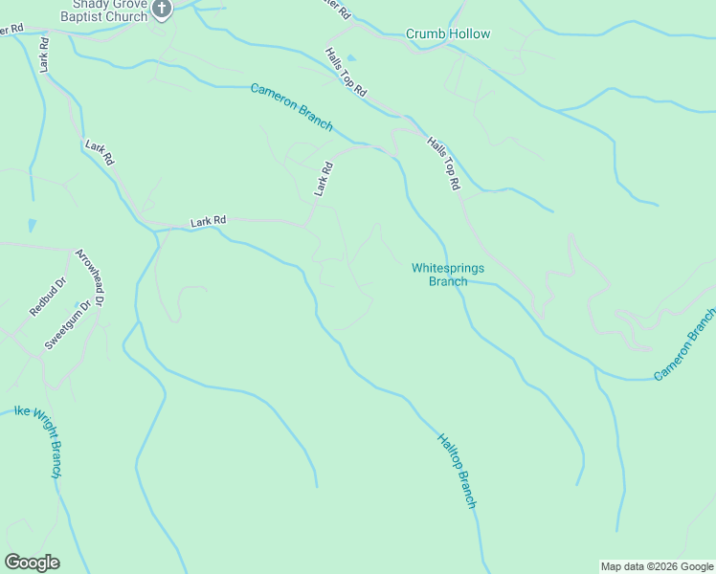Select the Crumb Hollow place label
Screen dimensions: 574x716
pyautogui.click(x=448, y=34)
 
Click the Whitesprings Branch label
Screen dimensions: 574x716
pyautogui.click(x=447, y=275)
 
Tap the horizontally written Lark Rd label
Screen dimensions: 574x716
pyautogui.click(x=208, y=221)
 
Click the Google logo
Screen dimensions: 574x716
pyautogui.click(x=32, y=563)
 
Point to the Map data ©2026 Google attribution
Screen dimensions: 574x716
pyautogui.click(x=657, y=566)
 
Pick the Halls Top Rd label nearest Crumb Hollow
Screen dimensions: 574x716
pyautogui.click(x=347, y=73)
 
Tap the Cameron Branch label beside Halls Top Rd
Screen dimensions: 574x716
pyautogui.click(x=292, y=107)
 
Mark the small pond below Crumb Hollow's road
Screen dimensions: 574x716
pyautogui.click(x=350, y=58)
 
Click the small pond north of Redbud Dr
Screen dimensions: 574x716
pyautogui.click(x=33, y=227)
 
